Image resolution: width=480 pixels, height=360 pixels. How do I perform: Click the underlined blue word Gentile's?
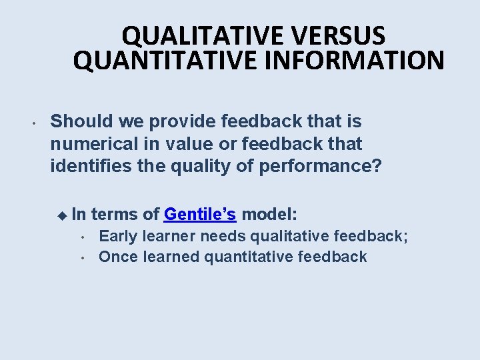(x=200, y=214)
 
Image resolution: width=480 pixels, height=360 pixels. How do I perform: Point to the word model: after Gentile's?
(x=270, y=214)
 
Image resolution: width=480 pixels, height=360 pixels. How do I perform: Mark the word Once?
(x=119, y=257)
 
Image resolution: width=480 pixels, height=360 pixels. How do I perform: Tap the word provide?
(x=175, y=121)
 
